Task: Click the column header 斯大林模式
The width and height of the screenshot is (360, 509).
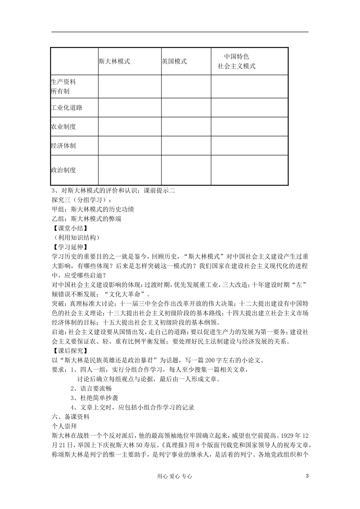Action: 114,61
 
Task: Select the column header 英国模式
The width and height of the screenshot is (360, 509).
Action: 174,61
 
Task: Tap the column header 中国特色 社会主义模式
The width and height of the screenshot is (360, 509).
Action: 237,61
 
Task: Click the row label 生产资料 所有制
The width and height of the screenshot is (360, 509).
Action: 63,86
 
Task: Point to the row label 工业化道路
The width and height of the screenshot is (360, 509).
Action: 67,108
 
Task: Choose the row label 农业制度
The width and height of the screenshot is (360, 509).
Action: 64,126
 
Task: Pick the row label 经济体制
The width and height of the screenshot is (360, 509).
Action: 64,145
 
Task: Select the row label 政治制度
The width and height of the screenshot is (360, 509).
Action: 64,170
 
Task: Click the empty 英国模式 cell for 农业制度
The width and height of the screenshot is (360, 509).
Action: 186,126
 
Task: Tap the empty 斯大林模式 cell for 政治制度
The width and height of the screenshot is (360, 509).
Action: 130,170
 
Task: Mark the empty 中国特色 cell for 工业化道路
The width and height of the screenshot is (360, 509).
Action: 249,108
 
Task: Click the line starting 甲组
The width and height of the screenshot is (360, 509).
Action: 92,209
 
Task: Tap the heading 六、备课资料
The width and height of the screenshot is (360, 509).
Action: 70,417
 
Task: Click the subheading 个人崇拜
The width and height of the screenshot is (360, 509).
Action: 64,426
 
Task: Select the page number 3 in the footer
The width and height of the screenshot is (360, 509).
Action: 307,476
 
